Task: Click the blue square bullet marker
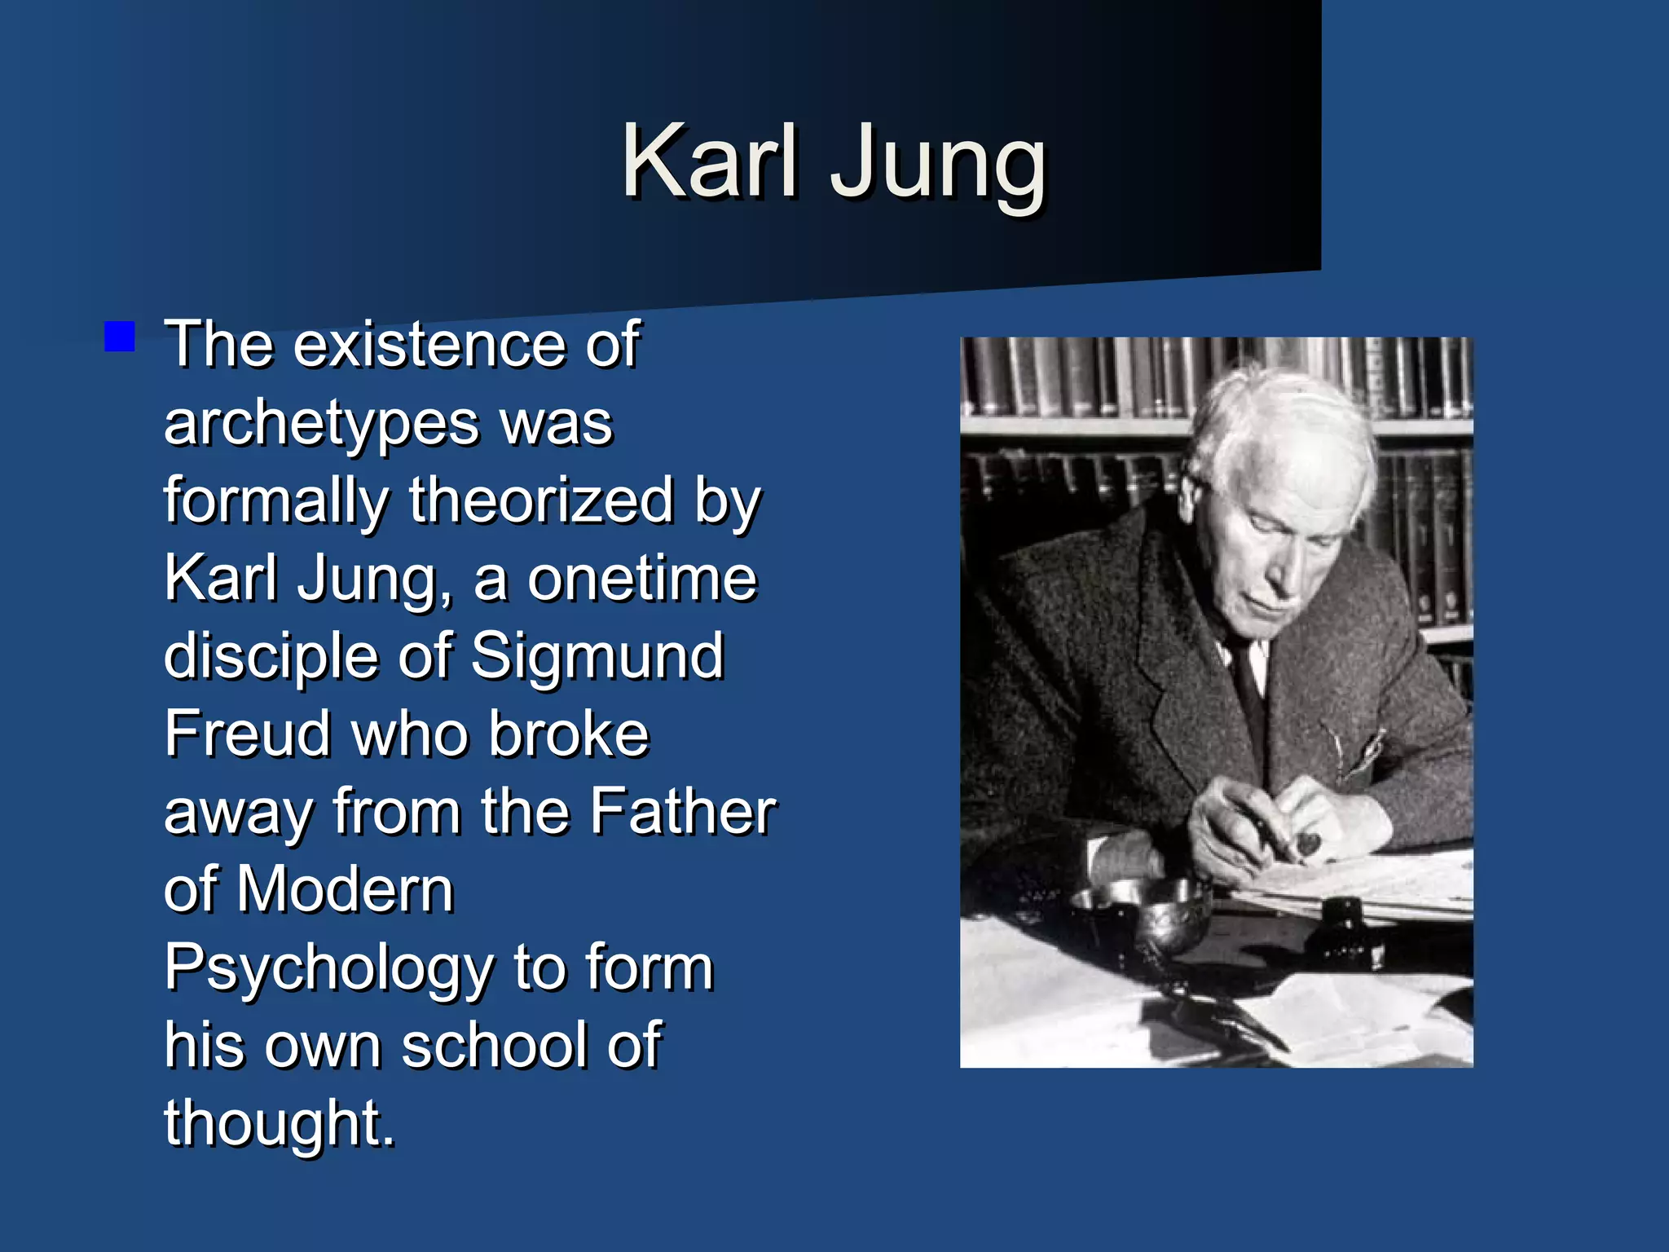(x=120, y=337)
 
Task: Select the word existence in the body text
(x=430, y=345)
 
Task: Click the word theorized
(x=541, y=500)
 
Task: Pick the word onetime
(x=642, y=579)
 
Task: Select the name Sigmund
(x=597, y=657)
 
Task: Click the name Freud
(x=246, y=734)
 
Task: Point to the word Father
(x=682, y=812)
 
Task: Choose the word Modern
(x=345, y=889)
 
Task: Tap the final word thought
(x=279, y=1123)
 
